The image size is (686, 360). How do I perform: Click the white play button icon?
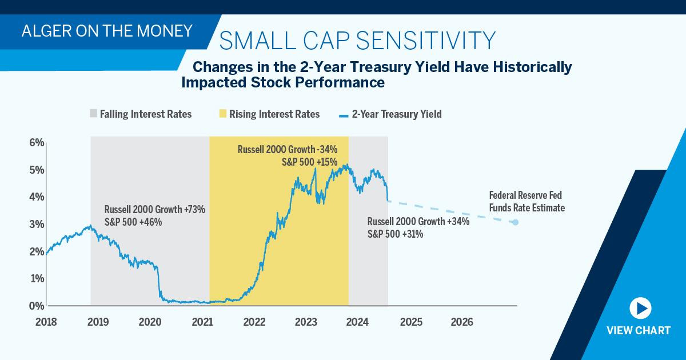pyautogui.click(x=640, y=308)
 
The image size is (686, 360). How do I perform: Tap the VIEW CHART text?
pyautogui.click(x=639, y=331)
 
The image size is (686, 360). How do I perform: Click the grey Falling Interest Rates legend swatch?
pyautogui.click(x=93, y=113)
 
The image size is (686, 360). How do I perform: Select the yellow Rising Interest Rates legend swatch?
pyautogui.click(x=223, y=113)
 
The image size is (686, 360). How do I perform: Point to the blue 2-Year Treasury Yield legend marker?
pyautogui.click(x=344, y=116)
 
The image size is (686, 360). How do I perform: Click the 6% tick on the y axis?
pyautogui.click(x=37, y=143)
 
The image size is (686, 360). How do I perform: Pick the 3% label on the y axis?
pyautogui.click(x=37, y=225)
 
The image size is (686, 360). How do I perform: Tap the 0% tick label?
pyautogui.click(x=37, y=306)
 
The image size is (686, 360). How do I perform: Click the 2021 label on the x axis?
pyautogui.click(x=202, y=322)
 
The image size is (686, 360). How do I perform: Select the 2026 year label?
pyautogui.click(x=462, y=322)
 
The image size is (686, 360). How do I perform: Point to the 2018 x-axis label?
pyautogui.click(x=46, y=322)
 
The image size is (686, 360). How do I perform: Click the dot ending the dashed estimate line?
pyautogui.click(x=516, y=222)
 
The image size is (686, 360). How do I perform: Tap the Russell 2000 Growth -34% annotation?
pyautogui.click(x=288, y=149)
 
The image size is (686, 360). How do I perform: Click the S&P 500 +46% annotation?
pyautogui.click(x=133, y=222)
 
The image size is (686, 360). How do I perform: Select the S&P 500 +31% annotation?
pyautogui.click(x=395, y=234)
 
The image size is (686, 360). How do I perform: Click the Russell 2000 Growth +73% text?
pyautogui.click(x=155, y=209)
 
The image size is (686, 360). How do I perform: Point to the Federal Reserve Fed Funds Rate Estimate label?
pyautogui.click(x=527, y=201)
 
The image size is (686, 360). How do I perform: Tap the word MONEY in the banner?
pyautogui.click(x=165, y=31)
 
